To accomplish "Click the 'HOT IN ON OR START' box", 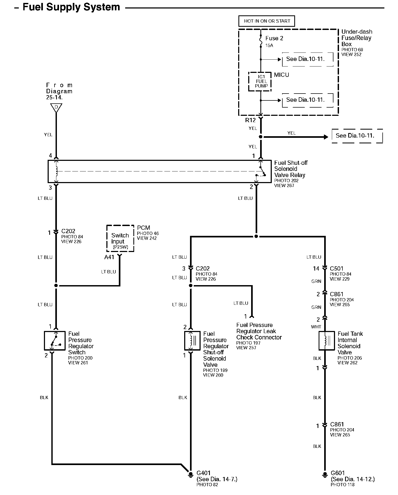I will coord(267,21).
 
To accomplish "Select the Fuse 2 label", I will coord(274,38).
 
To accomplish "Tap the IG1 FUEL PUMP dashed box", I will coord(260,82).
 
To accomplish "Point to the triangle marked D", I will coord(56,107).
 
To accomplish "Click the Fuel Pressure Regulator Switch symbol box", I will coord(55,341).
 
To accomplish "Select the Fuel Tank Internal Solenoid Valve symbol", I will coord(327,341).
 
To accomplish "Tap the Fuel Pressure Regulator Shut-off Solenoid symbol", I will coord(192,341).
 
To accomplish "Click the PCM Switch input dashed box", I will coord(120,238).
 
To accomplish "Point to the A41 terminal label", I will coord(109,257).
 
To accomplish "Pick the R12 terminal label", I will coord(250,120).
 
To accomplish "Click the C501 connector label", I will coord(336,268).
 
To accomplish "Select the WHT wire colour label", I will coord(316,327).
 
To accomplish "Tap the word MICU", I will coord(281,75).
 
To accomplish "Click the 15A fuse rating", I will coord(269,46).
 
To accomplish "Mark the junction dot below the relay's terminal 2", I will coord(256,236).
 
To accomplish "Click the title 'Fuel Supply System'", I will coord(71,7).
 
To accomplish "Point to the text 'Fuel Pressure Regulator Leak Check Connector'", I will coord(259,331).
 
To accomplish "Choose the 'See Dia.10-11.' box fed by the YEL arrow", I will coord(357,136).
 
